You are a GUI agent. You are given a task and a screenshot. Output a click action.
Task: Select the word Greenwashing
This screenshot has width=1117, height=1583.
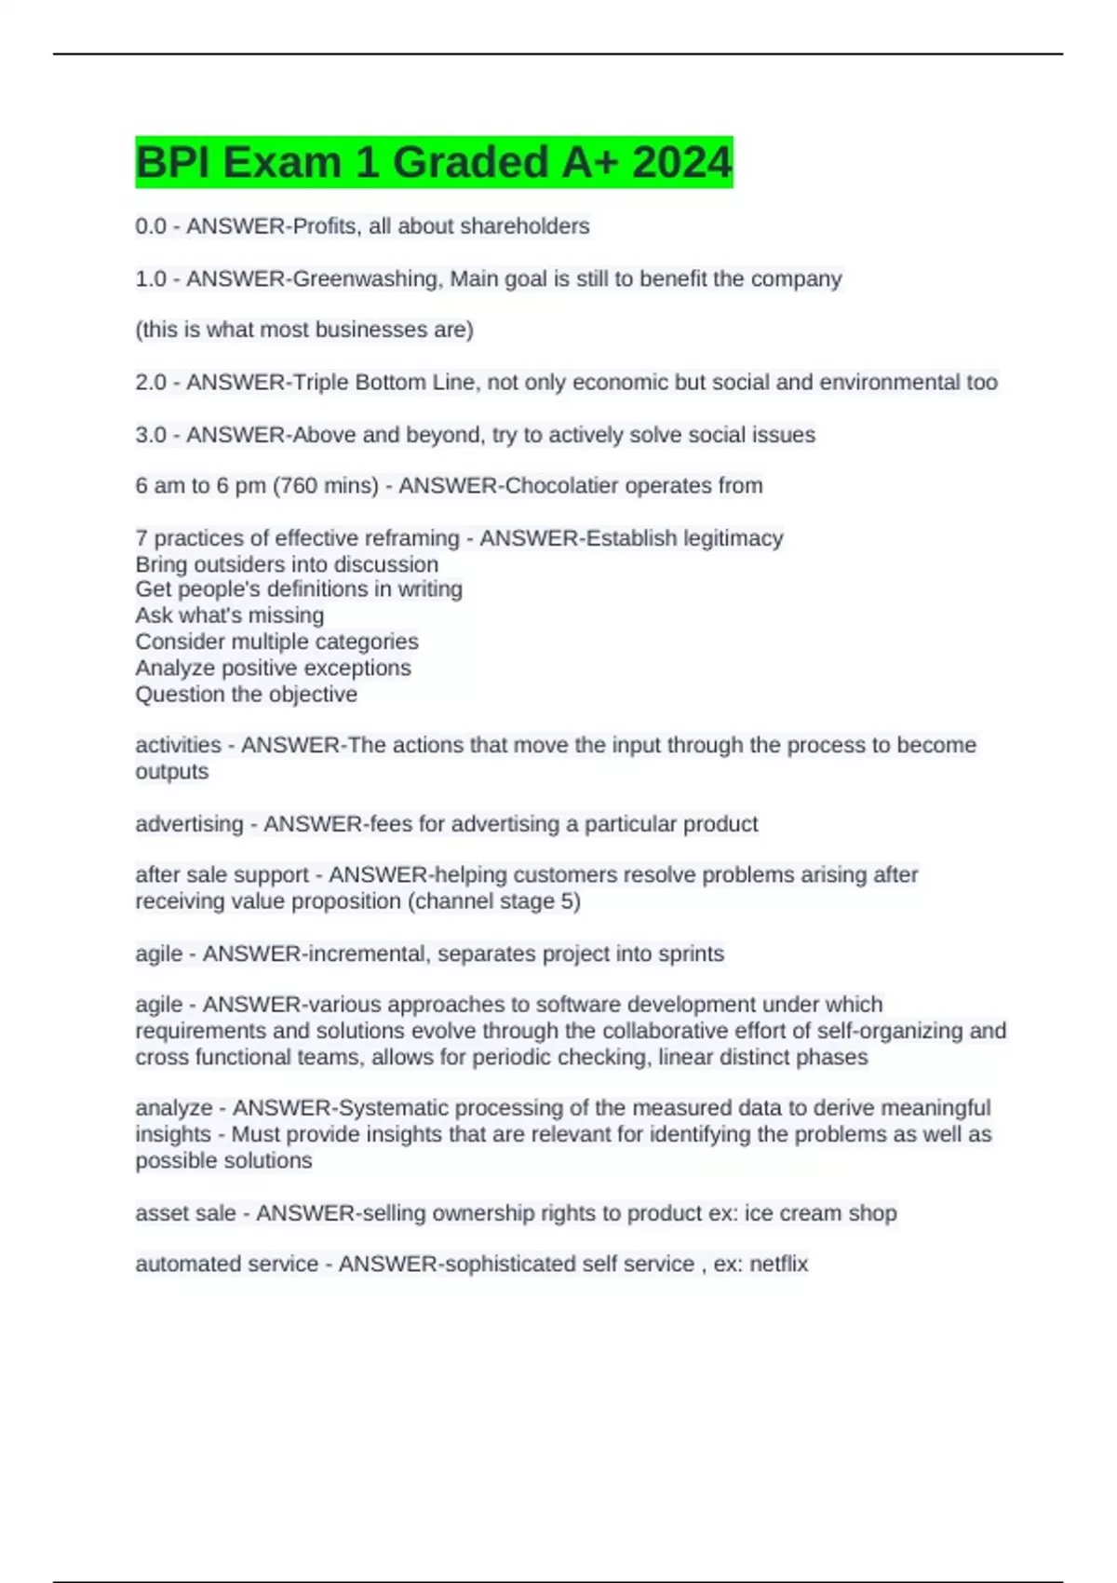[x=367, y=278]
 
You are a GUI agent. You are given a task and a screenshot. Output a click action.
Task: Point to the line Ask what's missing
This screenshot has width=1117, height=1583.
[x=230, y=616]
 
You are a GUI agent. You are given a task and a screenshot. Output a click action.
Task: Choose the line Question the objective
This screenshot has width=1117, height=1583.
[x=246, y=695]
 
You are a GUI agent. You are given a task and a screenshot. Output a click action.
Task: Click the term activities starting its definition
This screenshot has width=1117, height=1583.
[x=178, y=745]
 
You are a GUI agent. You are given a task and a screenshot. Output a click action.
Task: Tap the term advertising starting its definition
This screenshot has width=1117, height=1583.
[x=189, y=824]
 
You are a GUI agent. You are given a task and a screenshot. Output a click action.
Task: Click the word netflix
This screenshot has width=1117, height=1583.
[x=778, y=1264]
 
